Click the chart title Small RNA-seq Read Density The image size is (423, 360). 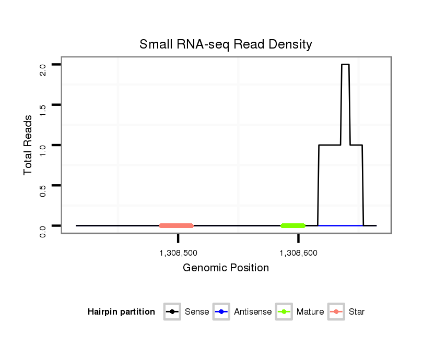click(226, 44)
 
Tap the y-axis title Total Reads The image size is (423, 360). click(28, 145)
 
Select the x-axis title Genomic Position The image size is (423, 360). click(226, 268)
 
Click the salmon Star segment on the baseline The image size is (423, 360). click(177, 225)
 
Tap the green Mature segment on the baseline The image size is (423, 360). click(293, 225)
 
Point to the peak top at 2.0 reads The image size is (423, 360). click(345, 65)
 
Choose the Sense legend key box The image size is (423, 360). click(172, 312)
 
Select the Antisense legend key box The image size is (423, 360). click(221, 312)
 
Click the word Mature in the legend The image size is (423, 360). click(310, 312)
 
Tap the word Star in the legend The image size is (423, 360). click(357, 312)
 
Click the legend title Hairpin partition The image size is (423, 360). click(121, 312)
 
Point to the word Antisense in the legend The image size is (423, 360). click(253, 312)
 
